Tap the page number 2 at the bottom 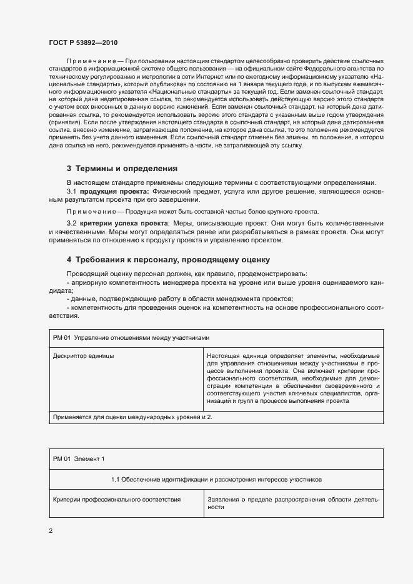click(51, 531)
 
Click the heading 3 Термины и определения click(122, 169)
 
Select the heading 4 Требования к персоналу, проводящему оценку click(168, 259)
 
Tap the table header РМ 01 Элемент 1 click(79, 459)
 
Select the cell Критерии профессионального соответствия click(117, 500)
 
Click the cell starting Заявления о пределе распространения click(293, 503)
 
